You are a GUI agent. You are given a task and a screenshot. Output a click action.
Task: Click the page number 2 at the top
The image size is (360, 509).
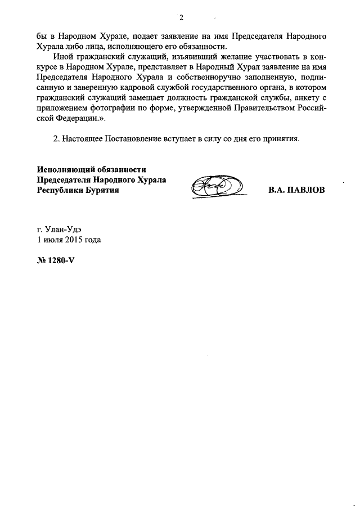(x=182, y=16)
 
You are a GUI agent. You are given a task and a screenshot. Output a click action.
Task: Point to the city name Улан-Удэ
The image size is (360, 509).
(x=66, y=229)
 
